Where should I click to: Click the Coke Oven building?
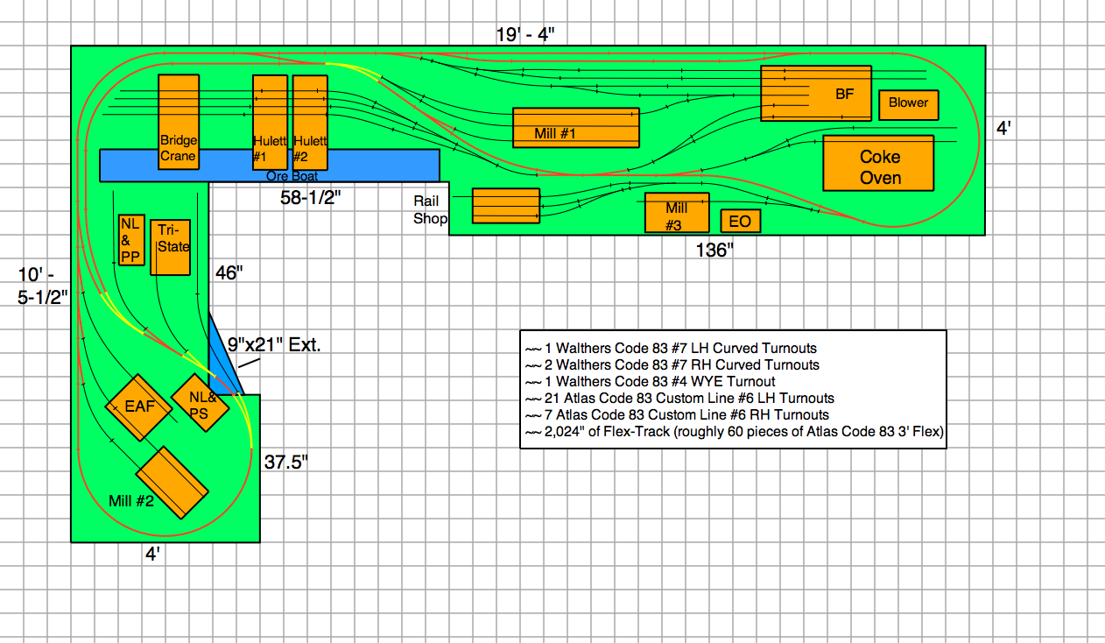tap(878, 163)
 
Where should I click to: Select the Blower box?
tap(908, 103)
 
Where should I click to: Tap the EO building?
tap(740, 221)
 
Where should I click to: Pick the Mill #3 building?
tap(676, 213)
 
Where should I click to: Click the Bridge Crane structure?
tap(178, 123)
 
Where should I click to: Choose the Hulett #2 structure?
tap(310, 123)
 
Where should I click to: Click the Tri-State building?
tap(172, 248)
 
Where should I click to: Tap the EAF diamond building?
tap(139, 407)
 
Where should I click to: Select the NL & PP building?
tap(131, 239)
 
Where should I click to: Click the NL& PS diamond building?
tap(200, 404)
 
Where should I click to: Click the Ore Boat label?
tap(291, 176)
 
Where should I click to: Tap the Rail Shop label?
tap(430, 209)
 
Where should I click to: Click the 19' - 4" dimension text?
tap(525, 34)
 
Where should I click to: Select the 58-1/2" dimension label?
tap(306, 198)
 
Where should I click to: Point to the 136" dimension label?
tap(713, 251)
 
